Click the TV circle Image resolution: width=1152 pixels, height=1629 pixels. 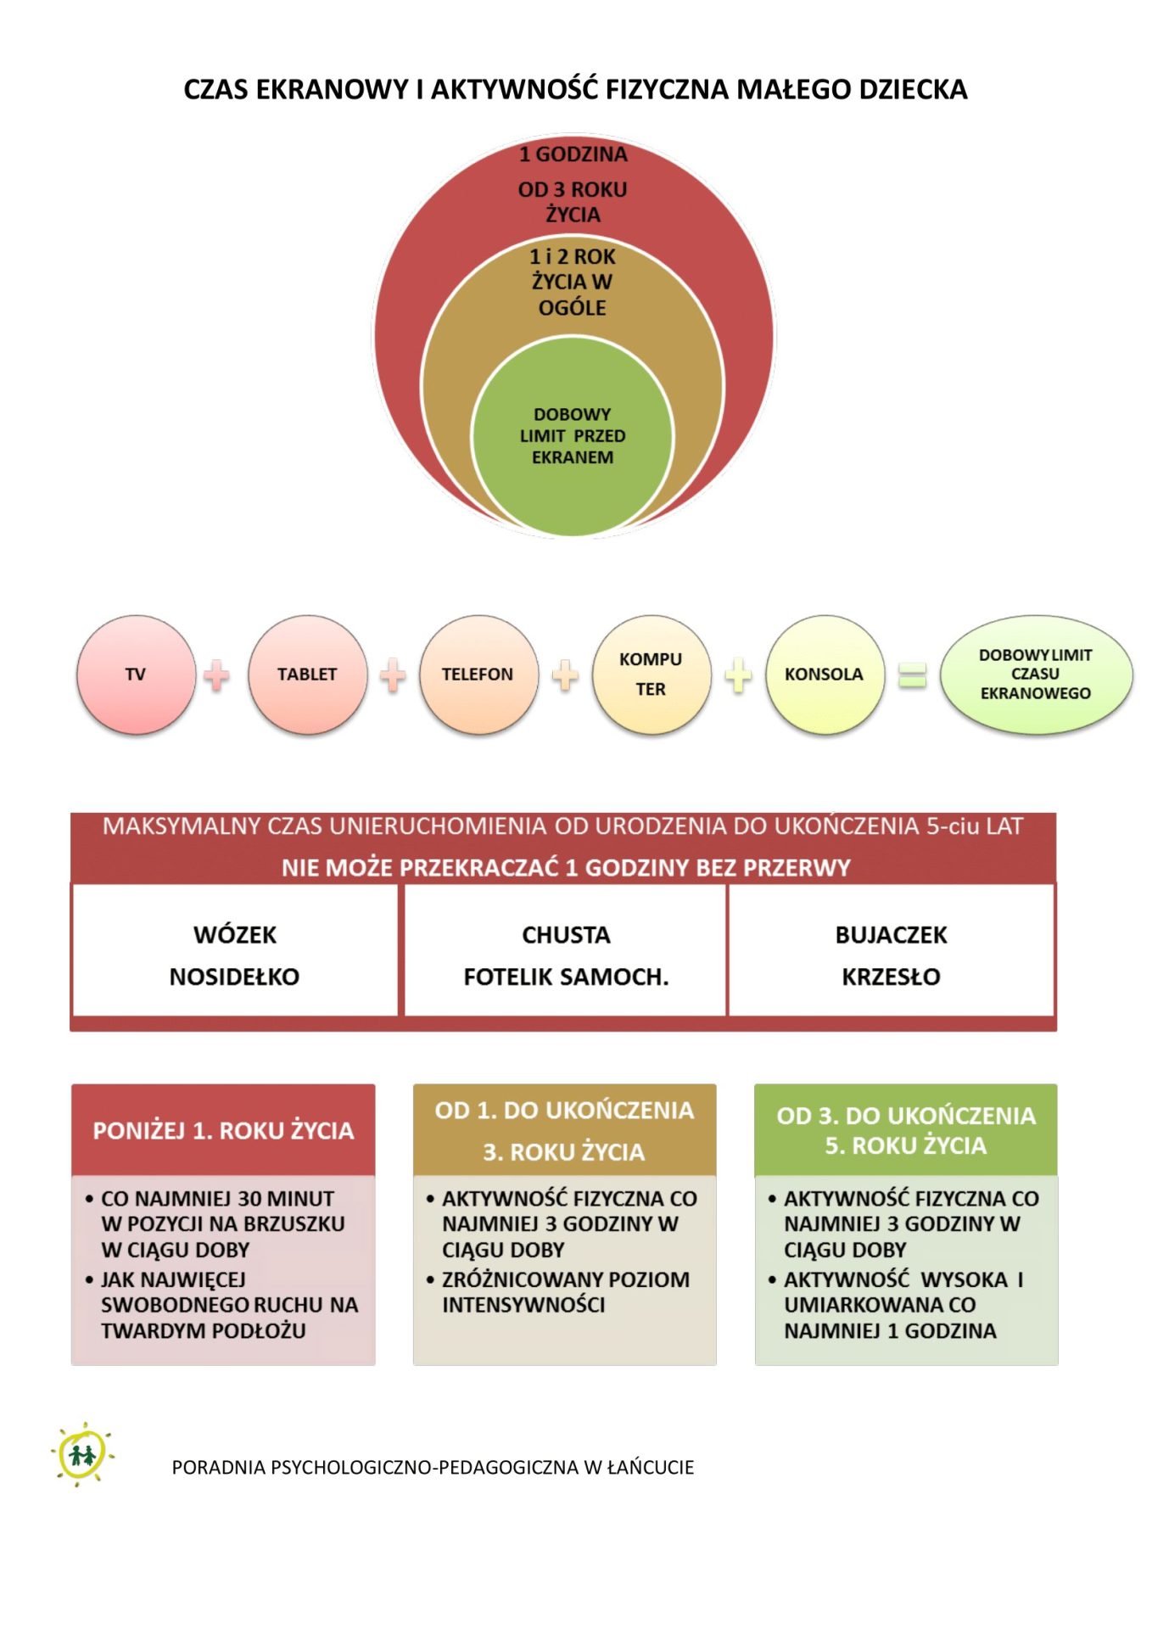pyautogui.click(x=136, y=675)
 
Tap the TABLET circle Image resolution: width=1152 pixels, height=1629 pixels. pyautogui.click(x=307, y=675)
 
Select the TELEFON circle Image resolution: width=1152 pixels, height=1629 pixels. pyautogui.click(x=478, y=675)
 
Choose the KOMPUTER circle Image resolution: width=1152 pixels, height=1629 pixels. pyautogui.click(x=651, y=675)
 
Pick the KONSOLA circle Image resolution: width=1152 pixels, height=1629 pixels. pyautogui.click(x=824, y=675)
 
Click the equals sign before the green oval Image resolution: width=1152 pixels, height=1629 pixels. pyautogui.click(x=912, y=676)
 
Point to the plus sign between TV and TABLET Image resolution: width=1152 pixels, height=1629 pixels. pyautogui.click(x=217, y=676)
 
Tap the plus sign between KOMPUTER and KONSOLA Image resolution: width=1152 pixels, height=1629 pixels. pyautogui.click(x=738, y=676)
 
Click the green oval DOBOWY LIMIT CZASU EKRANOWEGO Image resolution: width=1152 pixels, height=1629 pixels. pyautogui.click(x=1036, y=675)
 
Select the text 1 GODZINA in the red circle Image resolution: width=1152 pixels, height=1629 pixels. pyautogui.click(x=573, y=154)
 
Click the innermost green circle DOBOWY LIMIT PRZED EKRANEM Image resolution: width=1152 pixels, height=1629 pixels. pyautogui.click(x=573, y=436)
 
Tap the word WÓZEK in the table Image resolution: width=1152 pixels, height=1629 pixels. pyautogui.click(x=235, y=935)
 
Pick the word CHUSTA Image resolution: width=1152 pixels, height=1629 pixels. pyautogui.click(x=566, y=935)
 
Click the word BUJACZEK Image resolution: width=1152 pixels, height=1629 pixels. pyautogui.click(x=891, y=935)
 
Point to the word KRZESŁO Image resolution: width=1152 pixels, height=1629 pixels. pyautogui.click(x=891, y=977)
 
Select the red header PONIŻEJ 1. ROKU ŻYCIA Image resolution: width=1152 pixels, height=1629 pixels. pyautogui.click(x=223, y=1130)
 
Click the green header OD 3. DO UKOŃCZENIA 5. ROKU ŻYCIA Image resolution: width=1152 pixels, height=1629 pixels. pyautogui.click(x=906, y=1130)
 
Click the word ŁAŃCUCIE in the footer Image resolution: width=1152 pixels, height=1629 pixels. pyautogui.click(x=651, y=1468)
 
